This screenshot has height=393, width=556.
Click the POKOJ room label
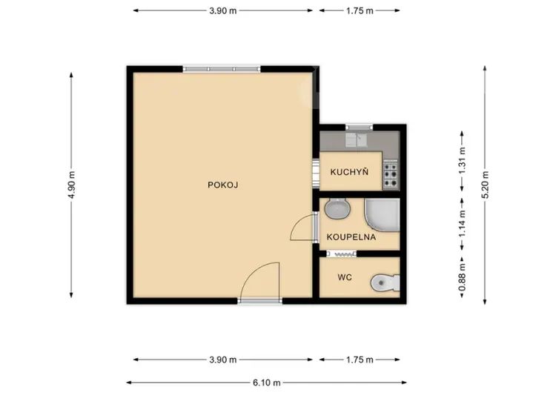(222, 185)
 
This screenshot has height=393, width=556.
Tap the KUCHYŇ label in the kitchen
(349, 172)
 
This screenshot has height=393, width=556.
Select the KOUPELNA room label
(351, 237)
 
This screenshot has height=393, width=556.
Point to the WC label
(345, 277)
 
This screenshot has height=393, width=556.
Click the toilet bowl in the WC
(385, 283)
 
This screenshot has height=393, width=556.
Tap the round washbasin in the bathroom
(337, 208)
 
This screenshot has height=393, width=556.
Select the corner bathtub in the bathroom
(383, 215)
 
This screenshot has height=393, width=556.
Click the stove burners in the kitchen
(390, 174)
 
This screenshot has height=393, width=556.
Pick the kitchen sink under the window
(357, 139)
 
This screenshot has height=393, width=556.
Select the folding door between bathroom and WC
(341, 254)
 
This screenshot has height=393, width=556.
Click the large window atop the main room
(222, 69)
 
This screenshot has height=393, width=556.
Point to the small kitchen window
(359, 127)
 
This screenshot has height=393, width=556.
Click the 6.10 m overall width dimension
(267, 383)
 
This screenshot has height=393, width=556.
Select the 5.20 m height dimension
(485, 185)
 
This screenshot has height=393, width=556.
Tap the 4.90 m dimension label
(71, 185)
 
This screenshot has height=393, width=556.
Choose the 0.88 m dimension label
(462, 277)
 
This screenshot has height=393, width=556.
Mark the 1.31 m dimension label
(462, 160)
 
